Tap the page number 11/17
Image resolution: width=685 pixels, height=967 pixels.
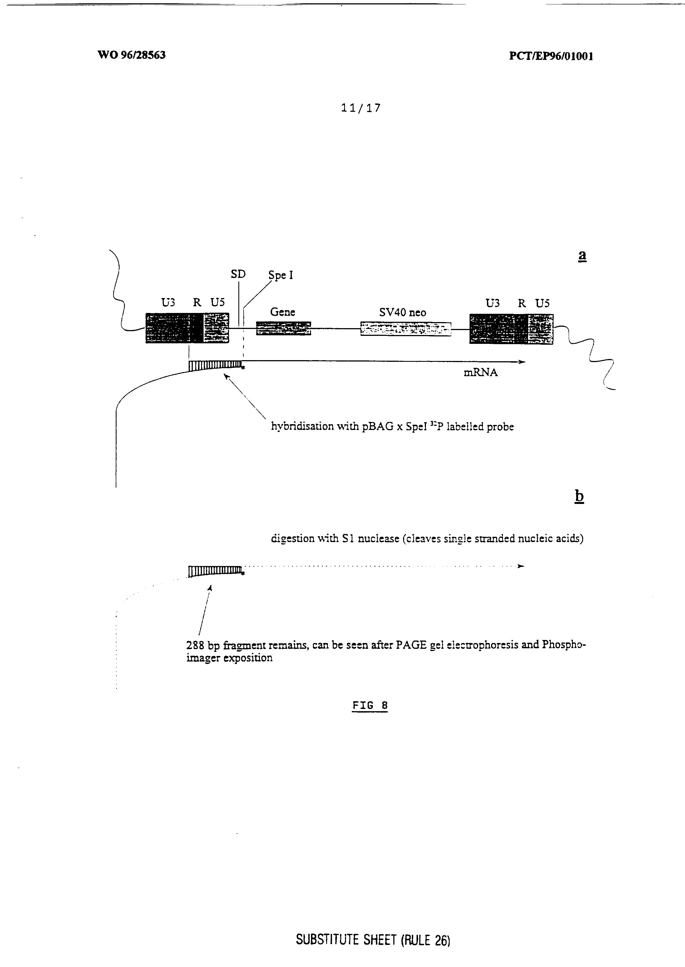click(361, 108)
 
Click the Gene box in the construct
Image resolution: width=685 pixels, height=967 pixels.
click(283, 328)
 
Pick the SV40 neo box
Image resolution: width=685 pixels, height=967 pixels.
click(405, 329)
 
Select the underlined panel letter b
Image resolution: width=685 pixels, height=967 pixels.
click(579, 496)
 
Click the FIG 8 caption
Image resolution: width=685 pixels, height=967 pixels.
click(370, 705)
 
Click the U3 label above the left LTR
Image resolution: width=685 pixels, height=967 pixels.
click(168, 302)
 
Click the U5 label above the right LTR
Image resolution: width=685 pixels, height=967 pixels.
click(542, 303)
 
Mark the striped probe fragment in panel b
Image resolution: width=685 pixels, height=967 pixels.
click(215, 571)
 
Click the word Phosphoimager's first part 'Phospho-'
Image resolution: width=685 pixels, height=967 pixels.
click(563, 645)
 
